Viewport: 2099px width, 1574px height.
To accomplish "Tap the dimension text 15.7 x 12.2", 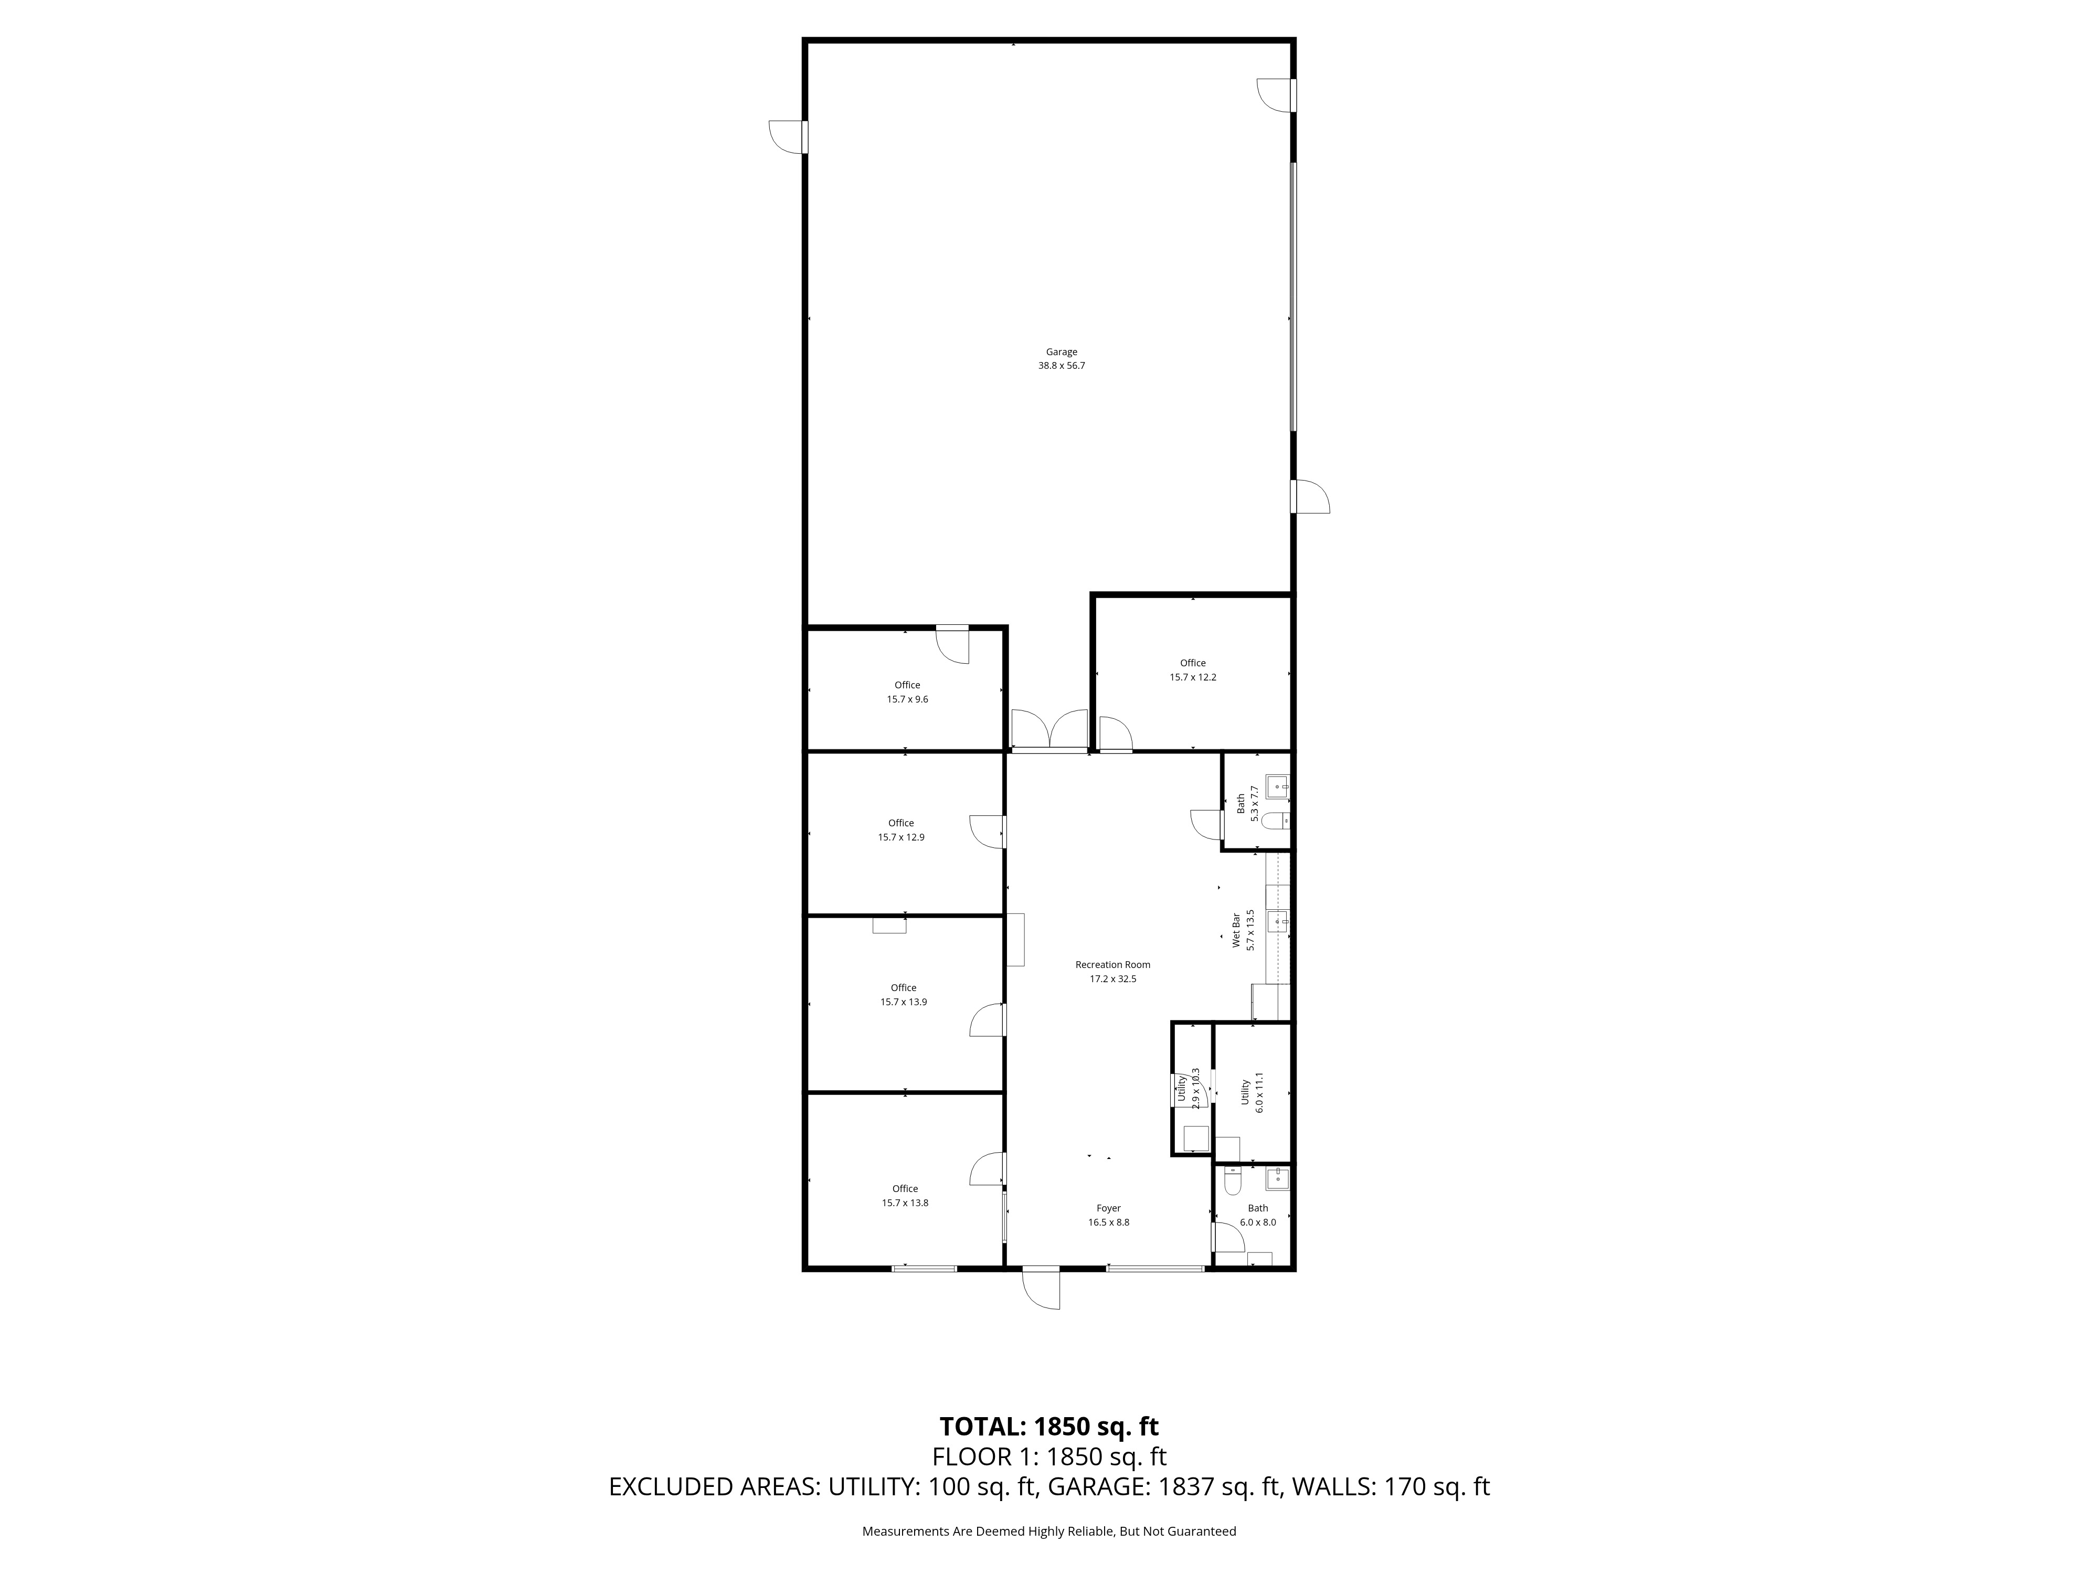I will point(1193,677).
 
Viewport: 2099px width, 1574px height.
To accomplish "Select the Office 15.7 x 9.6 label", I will point(907,692).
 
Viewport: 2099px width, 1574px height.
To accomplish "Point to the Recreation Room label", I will point(1112,965).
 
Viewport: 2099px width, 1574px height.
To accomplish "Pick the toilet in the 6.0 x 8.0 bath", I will point(1232,1183).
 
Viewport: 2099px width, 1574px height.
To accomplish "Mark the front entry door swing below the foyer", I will point(1042,1290).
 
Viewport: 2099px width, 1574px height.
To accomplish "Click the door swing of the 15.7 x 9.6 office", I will point(953,645).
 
